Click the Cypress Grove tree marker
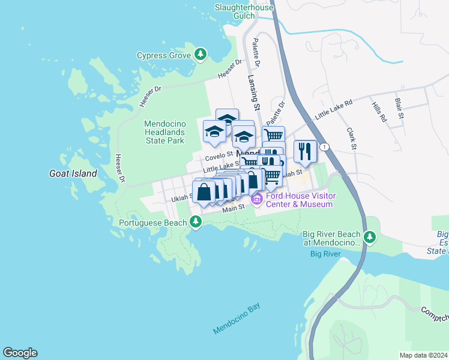(201, 55)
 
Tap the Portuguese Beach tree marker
(195, 223)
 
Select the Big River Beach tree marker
(370, 238)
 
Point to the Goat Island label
(73, 173)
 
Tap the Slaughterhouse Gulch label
(244, 12)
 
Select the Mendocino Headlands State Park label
(165, 132)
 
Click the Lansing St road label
(253, 91)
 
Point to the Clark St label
(352, 138)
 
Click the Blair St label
(400, 108)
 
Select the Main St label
(234, 209)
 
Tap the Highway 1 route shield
(325, 147)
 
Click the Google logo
(20, 352)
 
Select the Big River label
(325, 254)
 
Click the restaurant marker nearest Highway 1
(305, 151)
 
